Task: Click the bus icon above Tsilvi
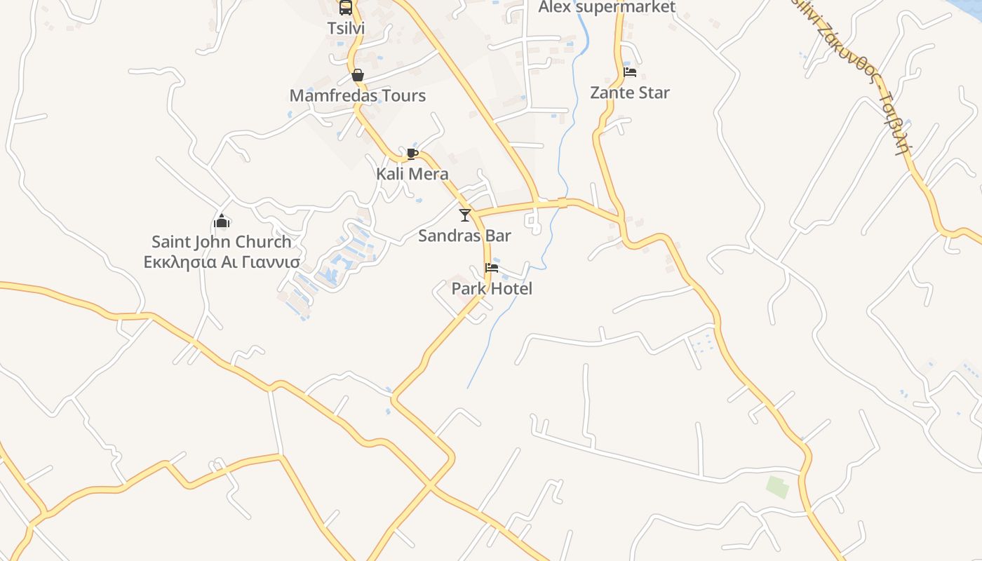click(346, 8)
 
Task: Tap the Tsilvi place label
click(346, 28)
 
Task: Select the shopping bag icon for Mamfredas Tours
click(358, 75)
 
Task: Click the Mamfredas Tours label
click(358, 95)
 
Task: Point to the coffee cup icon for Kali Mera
click(412, 154)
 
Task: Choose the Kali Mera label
click(412, 174)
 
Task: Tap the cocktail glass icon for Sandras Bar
click(464, 215)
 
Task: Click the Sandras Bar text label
click(464, 236)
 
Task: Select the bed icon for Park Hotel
click(492, 268)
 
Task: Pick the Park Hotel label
click(492, 288)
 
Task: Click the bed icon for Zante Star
click(630, 72)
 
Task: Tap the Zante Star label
click(630, 93)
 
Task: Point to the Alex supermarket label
click(607, 8)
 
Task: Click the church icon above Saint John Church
click(222, 221)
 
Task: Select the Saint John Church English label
click(222, 242)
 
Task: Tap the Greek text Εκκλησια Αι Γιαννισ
click(222, 262)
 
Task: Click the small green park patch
click(777, 487)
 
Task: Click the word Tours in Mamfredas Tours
click(401, 95)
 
